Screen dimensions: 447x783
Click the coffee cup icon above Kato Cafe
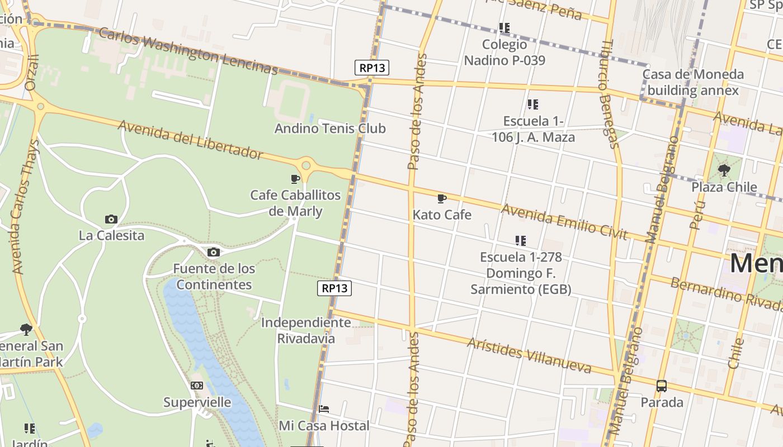(441, 198)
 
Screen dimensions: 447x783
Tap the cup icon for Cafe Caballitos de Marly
(295, 179)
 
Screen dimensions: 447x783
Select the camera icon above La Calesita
(111, 219)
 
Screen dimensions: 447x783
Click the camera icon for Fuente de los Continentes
(213, 253)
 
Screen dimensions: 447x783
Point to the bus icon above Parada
(662, 386)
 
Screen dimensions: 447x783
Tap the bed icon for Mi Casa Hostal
(324, 409)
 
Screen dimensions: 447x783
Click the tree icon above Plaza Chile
(724, 170)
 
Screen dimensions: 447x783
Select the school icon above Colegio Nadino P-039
(504, 27)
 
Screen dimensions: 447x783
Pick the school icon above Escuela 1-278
(521, 241)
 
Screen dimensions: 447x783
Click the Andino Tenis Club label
(330, 129)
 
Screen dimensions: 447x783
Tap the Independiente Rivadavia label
(306, 330)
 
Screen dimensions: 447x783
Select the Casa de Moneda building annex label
(693, 82)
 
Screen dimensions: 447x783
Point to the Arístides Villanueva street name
(529, 354)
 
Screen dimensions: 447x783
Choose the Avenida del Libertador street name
(190, 139)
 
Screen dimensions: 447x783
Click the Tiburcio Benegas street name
(610, 93)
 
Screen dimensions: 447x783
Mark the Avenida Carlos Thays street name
(26, 206)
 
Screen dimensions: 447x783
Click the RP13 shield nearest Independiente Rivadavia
(335, 288)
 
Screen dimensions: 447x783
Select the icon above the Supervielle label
(197, 386)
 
